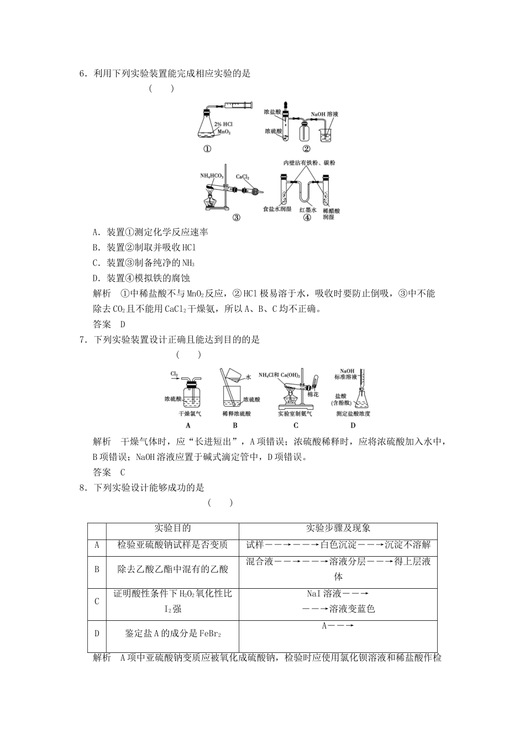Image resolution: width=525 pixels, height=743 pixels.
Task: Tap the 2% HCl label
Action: coord(223,124)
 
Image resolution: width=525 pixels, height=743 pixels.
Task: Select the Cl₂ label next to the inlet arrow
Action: coord(174,374)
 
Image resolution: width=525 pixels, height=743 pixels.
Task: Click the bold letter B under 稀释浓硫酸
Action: coord(235,425)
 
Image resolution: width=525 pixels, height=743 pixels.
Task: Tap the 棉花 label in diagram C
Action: coord(313,394)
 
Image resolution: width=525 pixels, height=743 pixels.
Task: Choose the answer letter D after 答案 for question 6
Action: coord(123,325)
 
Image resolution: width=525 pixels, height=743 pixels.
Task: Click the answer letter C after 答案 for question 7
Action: coord(123,472)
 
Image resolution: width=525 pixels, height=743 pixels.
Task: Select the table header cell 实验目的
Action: coord(172,529)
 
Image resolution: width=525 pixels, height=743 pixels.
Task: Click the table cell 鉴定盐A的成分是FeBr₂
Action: coord(172,634)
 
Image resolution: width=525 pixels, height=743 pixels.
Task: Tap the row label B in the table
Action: coord(97,569)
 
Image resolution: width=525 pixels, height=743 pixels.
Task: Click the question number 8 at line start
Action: coord(82,488)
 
